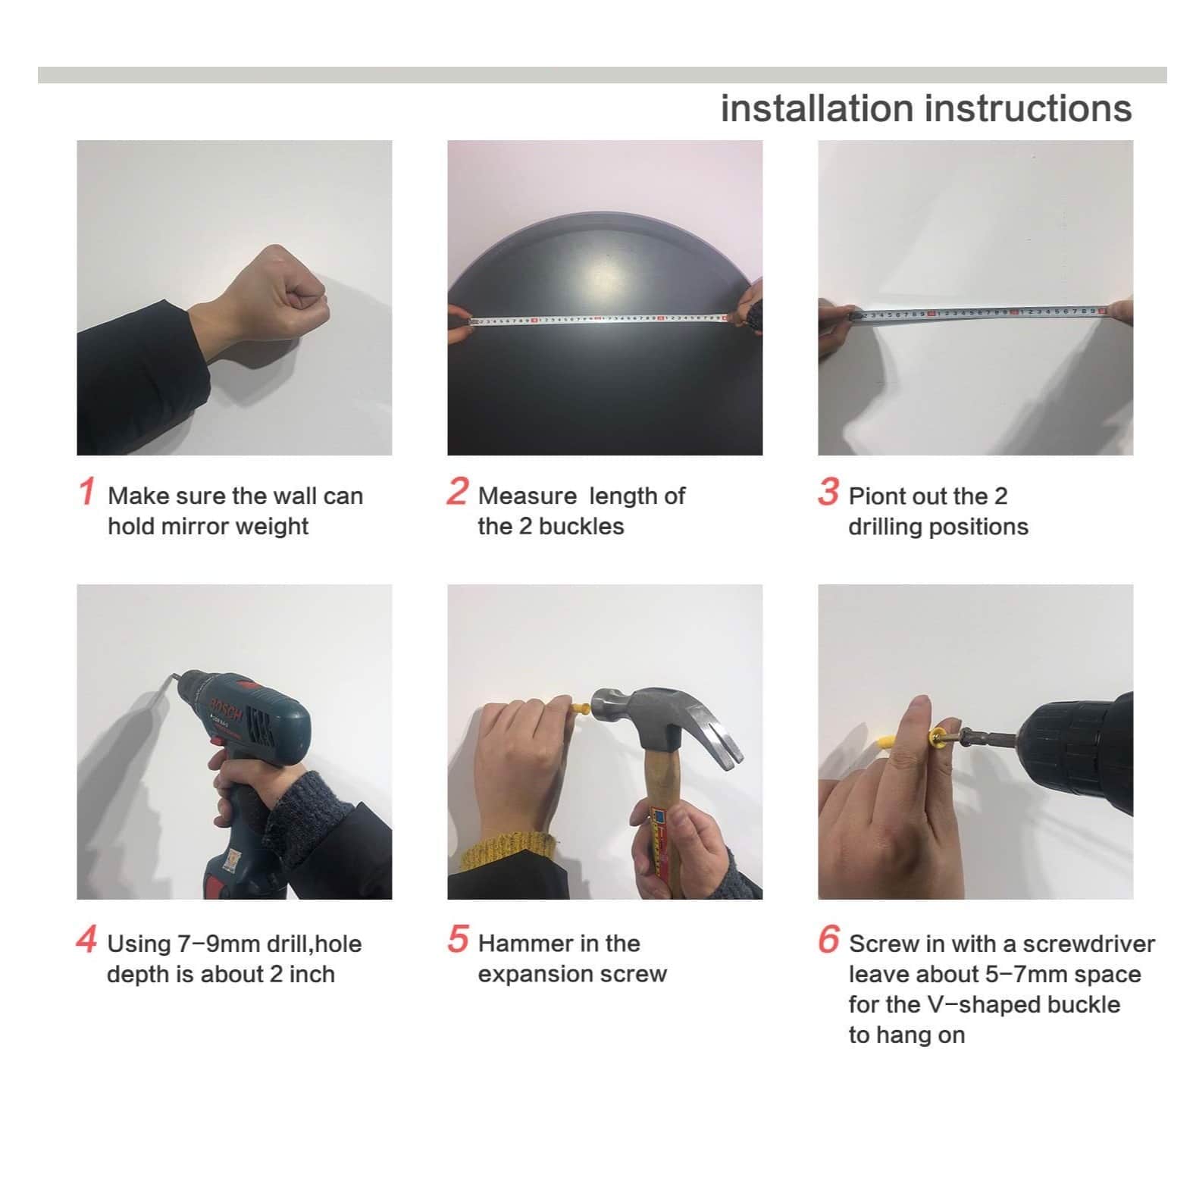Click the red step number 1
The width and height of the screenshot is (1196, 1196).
pyautogui.click(x=87, y=490)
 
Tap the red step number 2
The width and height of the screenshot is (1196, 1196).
pyautogui.click(x=457, y=490)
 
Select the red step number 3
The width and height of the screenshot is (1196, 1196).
pyautogui.click(x=828, y=490)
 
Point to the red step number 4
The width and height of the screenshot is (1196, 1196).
pyautogui.click(x=86, y=938)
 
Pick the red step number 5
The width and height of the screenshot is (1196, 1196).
pyautogui.click(x=458, y=938)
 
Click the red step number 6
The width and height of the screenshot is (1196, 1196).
pyautogui.click(x=828, y=938)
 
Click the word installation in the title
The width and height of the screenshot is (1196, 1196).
pyautogui.click(x=817, y=108)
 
